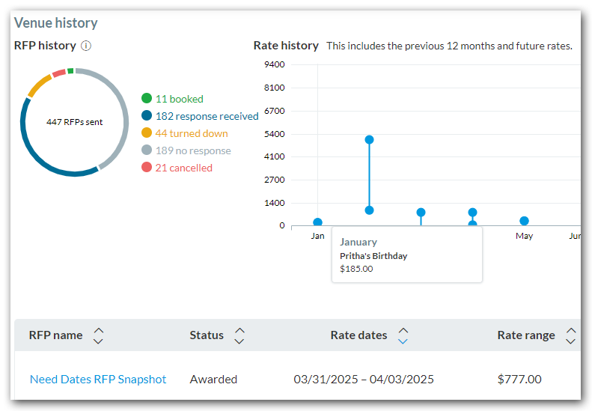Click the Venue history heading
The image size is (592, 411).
55,23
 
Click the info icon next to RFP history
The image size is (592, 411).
86,46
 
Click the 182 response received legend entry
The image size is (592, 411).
207,116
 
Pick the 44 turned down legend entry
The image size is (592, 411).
192,133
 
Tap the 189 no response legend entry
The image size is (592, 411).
193,150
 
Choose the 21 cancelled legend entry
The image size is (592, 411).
183,168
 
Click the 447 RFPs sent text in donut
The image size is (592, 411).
74,122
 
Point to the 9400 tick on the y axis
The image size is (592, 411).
275,64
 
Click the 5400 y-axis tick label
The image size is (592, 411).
275,134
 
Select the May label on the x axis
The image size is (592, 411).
524,236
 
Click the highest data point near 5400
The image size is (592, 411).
369,140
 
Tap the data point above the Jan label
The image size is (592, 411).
317,222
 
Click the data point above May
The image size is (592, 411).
524,221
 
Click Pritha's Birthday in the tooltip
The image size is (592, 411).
373,256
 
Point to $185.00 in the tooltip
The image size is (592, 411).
356,269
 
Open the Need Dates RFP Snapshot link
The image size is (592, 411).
98,380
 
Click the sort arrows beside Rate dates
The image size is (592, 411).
403,335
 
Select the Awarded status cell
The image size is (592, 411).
213,380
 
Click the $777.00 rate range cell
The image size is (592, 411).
519,380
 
